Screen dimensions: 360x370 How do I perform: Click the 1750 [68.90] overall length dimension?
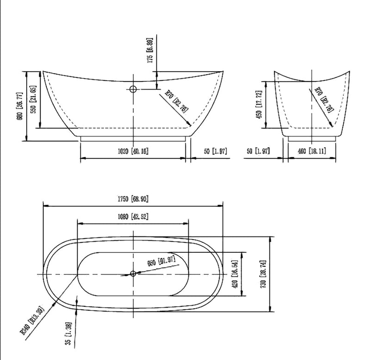tap(133, 199)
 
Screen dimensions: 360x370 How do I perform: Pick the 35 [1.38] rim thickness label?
tap(68, 334)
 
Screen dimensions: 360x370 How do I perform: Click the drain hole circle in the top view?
tap(133, 274)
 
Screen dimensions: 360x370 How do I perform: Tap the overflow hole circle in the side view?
tap(133, 89)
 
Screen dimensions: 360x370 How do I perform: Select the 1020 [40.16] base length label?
tap(133, 151)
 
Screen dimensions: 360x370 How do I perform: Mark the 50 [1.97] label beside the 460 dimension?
tap(259, 151)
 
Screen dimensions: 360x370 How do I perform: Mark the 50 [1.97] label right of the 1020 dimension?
tap(213, 151)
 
